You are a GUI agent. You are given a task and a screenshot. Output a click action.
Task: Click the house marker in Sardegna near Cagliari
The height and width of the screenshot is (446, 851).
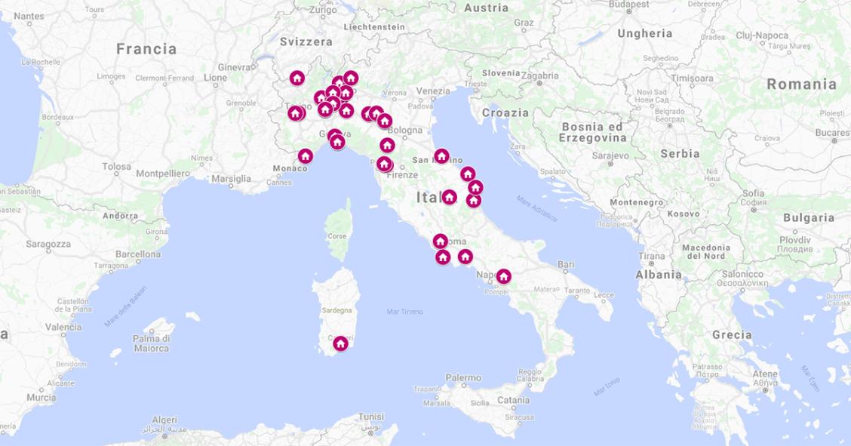[340, 343]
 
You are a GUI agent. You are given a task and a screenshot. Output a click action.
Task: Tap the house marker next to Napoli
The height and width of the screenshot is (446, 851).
[503, 276]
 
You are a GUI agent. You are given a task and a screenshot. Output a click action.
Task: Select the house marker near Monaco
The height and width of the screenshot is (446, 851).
[305, 156]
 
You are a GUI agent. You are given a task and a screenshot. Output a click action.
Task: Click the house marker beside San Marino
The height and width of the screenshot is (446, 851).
[441, 156]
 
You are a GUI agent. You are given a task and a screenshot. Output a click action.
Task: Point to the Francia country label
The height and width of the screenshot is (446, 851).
[146, 49]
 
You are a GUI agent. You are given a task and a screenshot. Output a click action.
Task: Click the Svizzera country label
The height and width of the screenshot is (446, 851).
[306, 42]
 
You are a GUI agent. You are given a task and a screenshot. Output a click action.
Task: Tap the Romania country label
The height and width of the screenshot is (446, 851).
[801, 84]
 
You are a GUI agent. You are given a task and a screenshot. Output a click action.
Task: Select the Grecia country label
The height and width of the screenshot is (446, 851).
[731, 334]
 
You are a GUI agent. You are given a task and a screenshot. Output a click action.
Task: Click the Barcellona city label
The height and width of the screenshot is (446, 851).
[138, 254]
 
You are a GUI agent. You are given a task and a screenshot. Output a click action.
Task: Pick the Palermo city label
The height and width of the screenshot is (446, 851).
[463, 377]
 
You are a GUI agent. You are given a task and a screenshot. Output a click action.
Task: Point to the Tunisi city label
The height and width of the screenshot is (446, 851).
[370, 417]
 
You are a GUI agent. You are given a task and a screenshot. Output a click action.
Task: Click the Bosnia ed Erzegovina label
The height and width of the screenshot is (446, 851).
[592, 133]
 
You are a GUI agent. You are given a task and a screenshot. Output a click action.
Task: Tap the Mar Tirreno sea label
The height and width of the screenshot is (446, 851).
[404, 311]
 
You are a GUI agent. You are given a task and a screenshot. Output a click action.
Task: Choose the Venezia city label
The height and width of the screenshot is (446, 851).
[433, 91]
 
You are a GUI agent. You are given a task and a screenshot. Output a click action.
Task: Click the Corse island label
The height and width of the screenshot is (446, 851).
[337, 236]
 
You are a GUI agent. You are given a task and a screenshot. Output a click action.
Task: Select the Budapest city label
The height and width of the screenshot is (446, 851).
[628, 5]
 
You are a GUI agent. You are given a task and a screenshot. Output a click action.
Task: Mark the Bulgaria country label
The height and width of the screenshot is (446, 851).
[808, 217]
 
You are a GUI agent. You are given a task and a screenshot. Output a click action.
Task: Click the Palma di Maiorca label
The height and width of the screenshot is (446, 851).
[151, 343]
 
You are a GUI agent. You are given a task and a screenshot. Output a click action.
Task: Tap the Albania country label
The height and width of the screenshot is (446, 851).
[658, 275]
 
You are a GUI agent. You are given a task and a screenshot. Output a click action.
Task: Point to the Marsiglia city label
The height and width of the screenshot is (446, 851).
[231, 179]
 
